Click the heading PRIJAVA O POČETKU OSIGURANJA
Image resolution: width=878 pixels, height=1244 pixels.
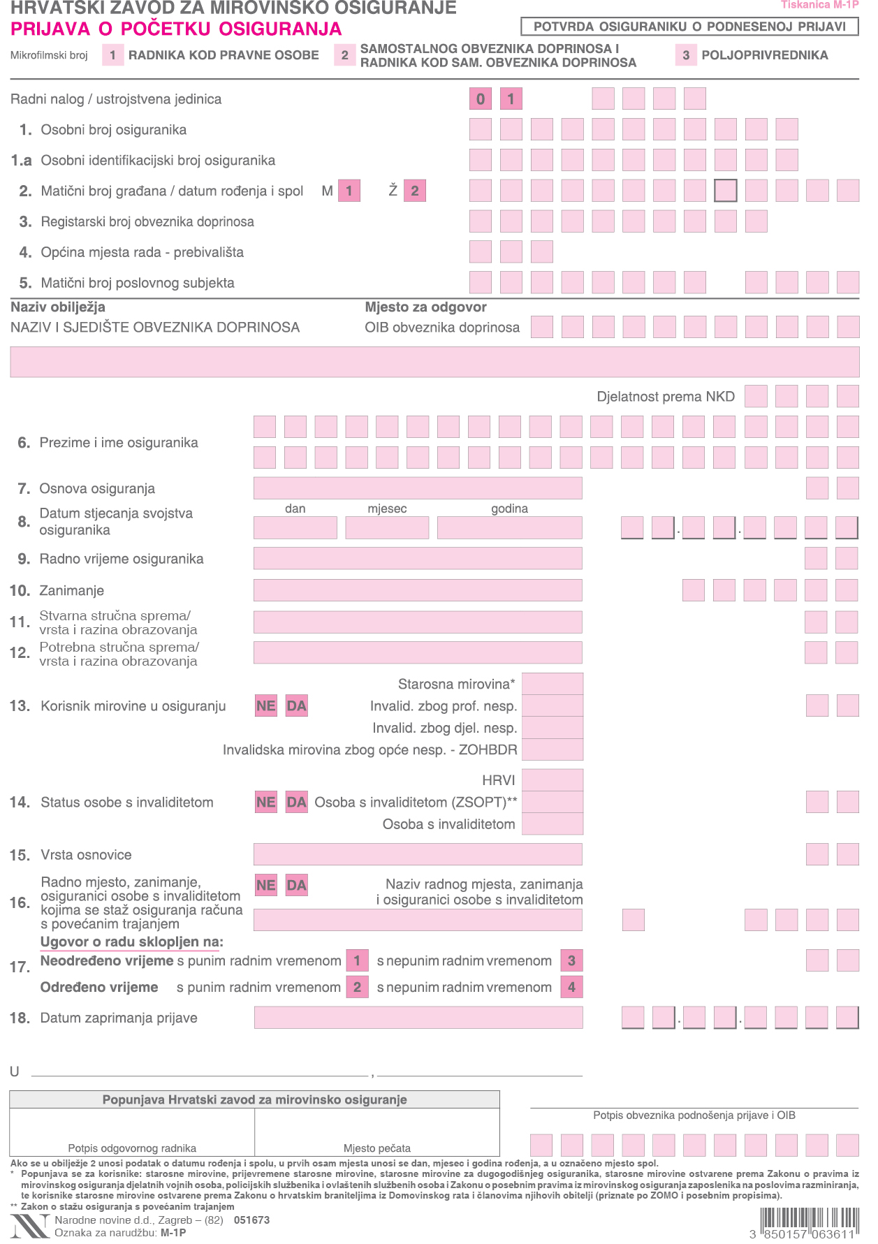(176, 29)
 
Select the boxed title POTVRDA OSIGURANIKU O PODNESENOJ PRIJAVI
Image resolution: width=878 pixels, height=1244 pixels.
(689, 27)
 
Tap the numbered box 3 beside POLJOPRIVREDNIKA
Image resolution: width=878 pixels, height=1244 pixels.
(686, 55)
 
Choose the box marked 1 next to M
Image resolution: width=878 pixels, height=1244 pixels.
(349, 191)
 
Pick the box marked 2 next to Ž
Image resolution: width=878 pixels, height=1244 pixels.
(414, 191)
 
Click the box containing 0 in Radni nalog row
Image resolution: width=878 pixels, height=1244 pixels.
(481, 99)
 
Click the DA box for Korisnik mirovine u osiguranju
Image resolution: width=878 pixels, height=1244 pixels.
(296, 705)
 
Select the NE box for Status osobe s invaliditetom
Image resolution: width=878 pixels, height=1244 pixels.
(266, 802)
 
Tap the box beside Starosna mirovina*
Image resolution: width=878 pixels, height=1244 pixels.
(553, 684)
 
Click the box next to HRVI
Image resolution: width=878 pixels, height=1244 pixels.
(553, 780)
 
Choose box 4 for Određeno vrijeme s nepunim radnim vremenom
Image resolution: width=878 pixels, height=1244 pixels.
(571, 987)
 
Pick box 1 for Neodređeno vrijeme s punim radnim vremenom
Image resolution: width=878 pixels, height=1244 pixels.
(357, 960)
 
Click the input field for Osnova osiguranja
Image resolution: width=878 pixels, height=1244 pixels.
(418, 488)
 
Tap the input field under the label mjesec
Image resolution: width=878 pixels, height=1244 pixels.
(387, 527)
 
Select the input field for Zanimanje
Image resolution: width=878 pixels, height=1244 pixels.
(418, 590)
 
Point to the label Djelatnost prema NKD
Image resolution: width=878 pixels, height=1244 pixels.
(665, 397)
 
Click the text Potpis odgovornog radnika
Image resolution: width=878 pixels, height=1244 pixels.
(132, 1148)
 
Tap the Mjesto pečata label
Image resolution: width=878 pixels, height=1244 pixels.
(377, 1148)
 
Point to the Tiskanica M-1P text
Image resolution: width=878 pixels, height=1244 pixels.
(819, 5)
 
